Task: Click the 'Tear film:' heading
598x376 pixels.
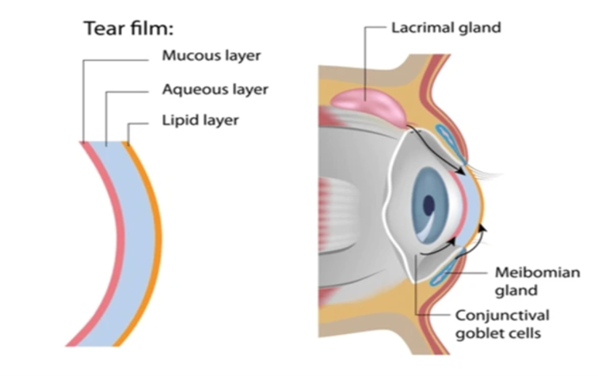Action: (128, 28)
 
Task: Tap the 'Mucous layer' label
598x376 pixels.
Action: (211, 55)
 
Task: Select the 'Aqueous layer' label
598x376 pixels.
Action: (215, 89)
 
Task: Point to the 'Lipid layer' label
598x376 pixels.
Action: (200, 120)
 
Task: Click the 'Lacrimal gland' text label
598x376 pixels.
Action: (446, 28)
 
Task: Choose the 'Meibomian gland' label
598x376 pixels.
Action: (537, 282)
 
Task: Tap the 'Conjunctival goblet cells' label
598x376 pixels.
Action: (502, 324)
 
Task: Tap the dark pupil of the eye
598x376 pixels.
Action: (429, 205)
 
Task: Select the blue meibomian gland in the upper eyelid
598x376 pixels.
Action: (450, 141)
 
